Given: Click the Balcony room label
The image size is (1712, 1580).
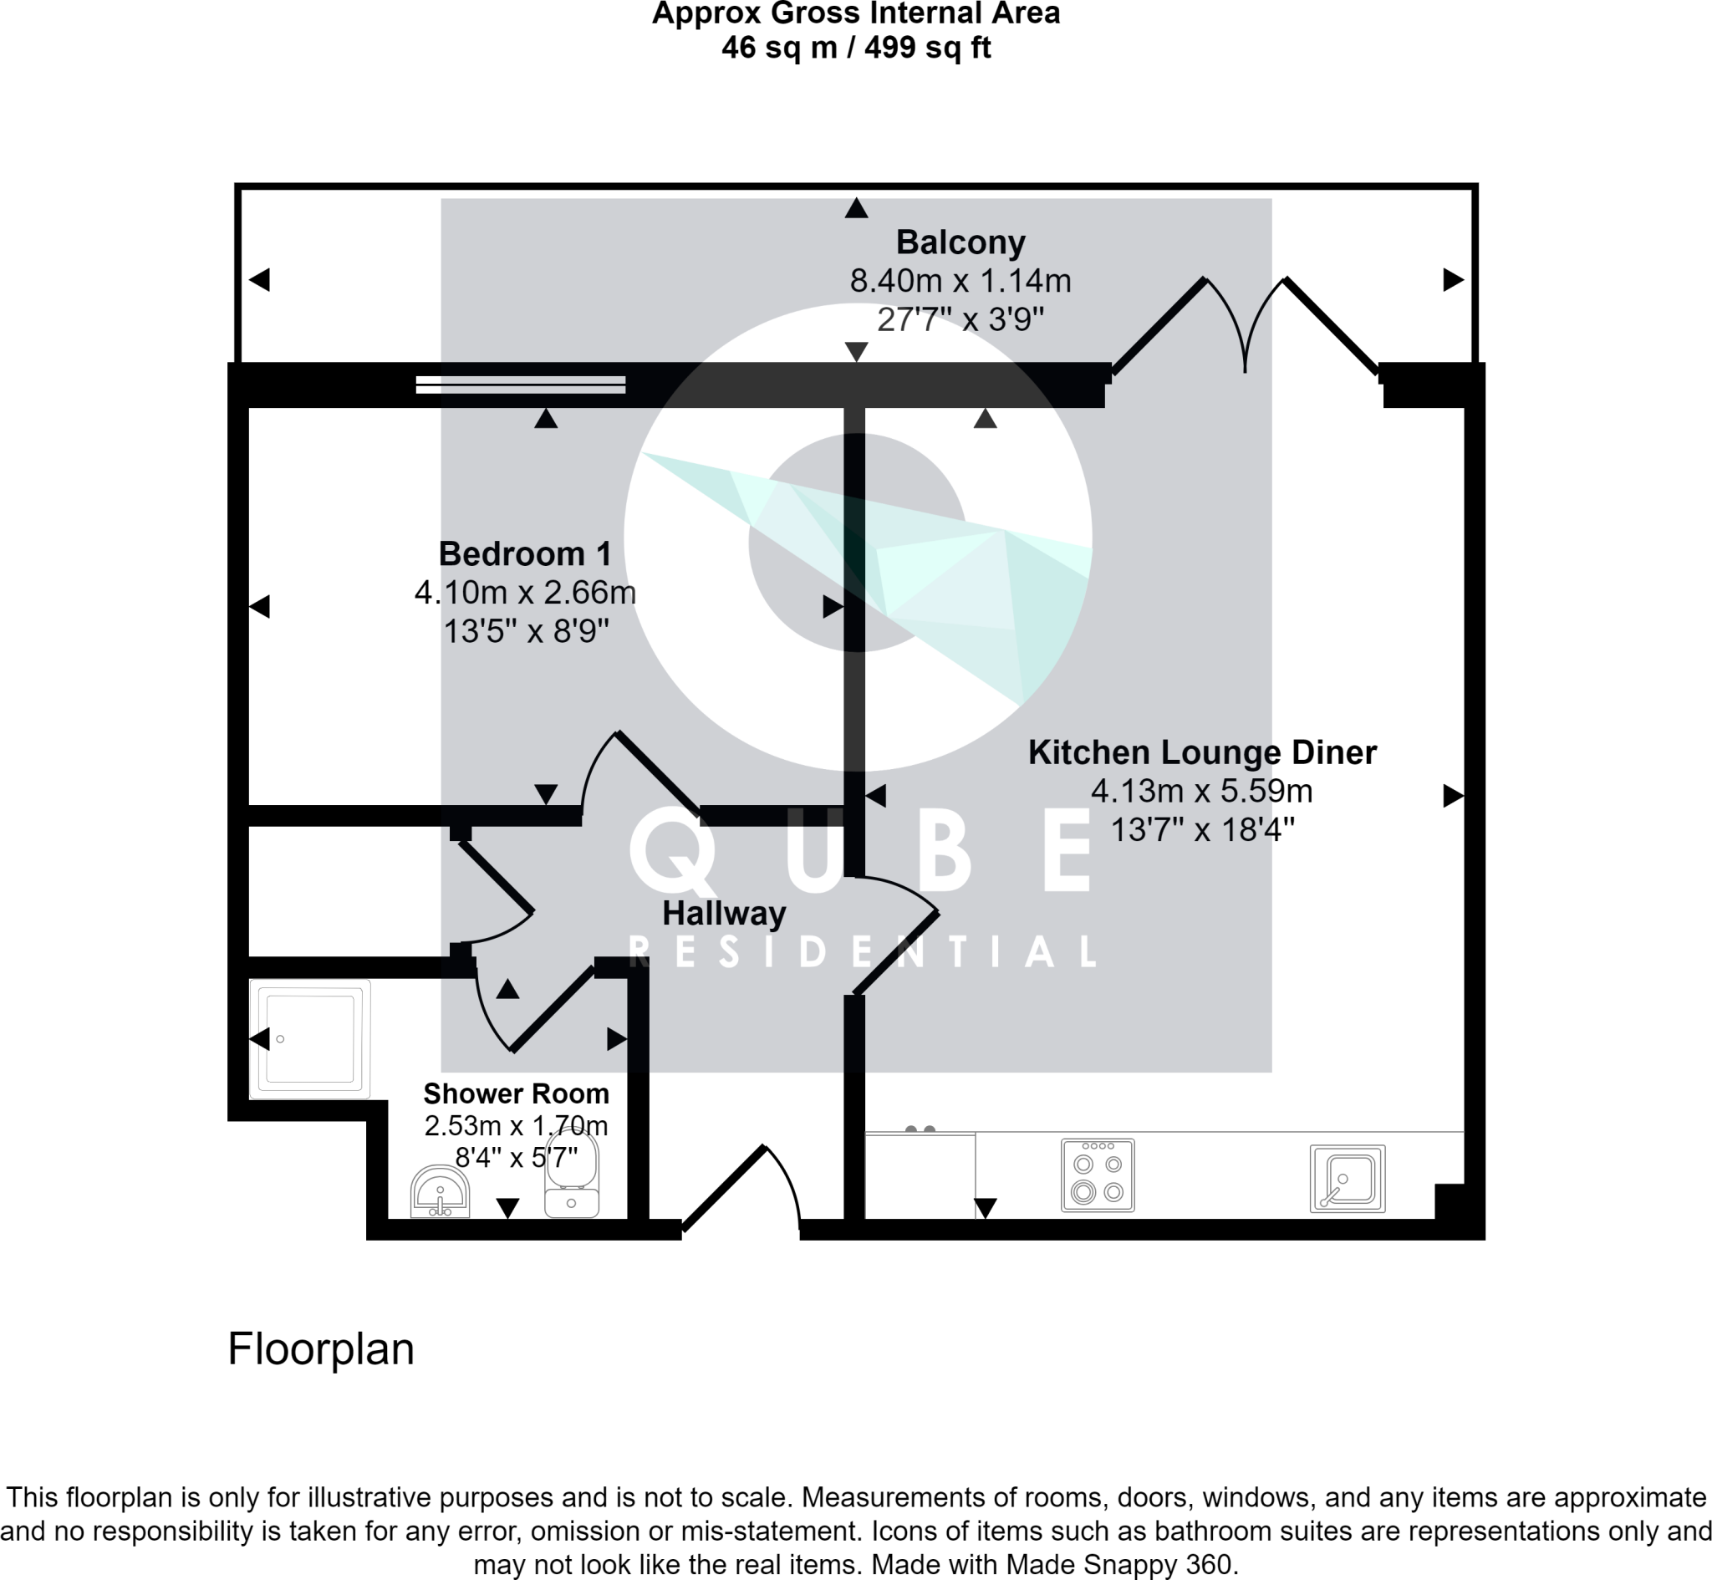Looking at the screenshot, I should pos(960,242).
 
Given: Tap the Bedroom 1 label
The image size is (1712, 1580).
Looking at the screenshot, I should pos(525,554).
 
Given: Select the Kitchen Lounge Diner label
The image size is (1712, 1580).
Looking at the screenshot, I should pos(1202,752).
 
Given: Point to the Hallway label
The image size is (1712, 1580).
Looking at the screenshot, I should pos(724,913).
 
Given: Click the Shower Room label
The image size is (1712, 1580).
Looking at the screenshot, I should pos(517,1093).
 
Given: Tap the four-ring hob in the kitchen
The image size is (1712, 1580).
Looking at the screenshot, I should pos(1098,1175).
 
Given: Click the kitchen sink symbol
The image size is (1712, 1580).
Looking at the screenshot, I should pos(1347,1178).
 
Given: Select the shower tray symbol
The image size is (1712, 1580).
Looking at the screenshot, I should pos(310,1039).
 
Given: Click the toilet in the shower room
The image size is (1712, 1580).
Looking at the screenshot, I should pos(572,1175).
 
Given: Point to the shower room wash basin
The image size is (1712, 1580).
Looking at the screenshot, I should pos(441,1192).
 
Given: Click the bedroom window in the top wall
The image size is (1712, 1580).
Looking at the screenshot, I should pos(521,385).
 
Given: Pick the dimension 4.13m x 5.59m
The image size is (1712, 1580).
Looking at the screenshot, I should pos(1202,791).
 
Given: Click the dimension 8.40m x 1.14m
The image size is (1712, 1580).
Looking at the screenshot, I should pos(960,281).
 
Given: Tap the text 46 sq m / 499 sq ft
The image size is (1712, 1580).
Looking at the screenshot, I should pos(855,47).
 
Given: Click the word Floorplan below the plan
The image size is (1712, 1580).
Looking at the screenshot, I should pos(320,1348).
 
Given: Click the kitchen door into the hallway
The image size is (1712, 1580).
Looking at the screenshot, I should pos(896,936).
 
